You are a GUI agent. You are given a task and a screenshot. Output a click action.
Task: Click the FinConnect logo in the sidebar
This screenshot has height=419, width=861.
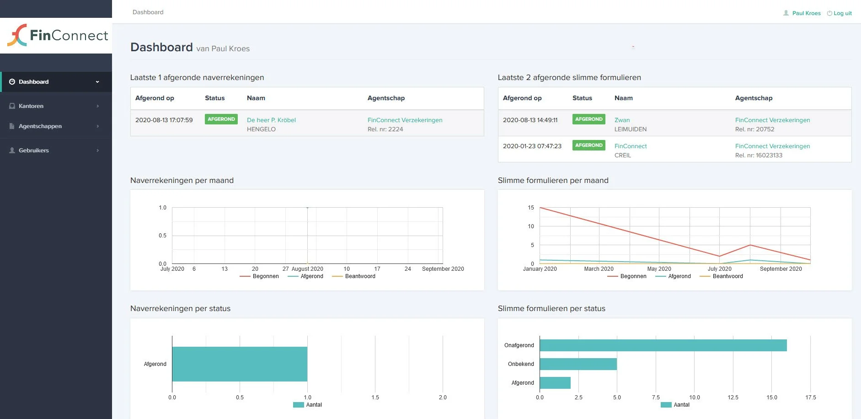[58, 35]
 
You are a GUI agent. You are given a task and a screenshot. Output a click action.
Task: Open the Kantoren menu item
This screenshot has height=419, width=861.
[31, 106]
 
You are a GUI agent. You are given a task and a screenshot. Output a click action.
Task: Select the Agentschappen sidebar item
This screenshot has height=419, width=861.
[40, 126]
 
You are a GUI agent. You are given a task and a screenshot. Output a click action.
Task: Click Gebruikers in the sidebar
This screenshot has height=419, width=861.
[33, 150]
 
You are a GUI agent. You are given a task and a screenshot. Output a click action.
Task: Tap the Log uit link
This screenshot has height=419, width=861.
[842, 13]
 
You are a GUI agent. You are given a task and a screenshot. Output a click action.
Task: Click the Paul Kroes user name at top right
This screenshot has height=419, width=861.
[806, 13]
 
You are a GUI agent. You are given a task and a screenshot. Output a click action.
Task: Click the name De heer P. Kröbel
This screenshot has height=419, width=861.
[271, 120]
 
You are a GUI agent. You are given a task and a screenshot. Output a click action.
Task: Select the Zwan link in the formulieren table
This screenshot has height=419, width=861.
[622, 120]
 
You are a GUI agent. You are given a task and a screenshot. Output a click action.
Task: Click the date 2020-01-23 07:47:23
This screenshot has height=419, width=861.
[532, 146]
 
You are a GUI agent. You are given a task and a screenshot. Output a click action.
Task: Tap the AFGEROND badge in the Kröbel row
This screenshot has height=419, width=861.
[221, 119]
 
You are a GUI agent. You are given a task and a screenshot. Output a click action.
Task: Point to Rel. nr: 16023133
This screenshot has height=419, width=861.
[759, 156]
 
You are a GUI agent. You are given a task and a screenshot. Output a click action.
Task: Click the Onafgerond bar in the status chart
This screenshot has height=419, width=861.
[663, 345]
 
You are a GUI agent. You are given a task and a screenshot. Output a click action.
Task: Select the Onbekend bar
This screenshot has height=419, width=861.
[578, 364]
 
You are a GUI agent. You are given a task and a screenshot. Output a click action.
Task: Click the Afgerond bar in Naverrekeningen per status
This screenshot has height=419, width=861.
[240, 364]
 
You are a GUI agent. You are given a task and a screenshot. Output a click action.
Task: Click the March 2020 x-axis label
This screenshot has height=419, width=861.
[599, 269]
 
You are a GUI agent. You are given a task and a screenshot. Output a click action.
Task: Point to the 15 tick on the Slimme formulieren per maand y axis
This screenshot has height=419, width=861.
[531, 208]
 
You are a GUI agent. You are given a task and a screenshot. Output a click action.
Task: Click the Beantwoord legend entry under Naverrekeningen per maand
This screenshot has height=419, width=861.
[360, 276]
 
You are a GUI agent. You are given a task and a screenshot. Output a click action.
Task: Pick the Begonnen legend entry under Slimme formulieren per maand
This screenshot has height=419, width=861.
[633, 276]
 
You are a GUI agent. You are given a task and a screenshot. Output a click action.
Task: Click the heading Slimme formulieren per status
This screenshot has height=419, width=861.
[551, 309]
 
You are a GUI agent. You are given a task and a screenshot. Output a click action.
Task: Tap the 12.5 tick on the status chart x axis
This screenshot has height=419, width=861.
[733, 398]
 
